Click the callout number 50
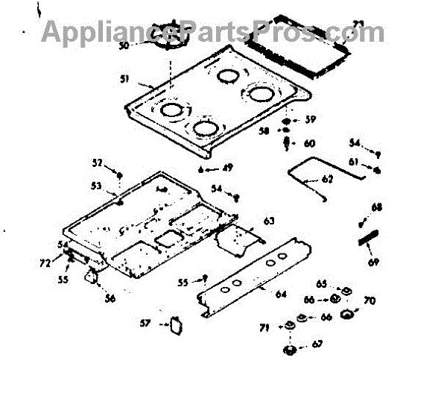[x=124, y=45]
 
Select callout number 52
[x=97, y=163]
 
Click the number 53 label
[x=97, y=186]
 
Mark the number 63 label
[x=269, y=221]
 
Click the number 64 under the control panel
[x=281, y=294]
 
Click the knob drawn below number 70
[x=347, y=315]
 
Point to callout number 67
[x=317, y=344]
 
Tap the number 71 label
[x=264, y=328]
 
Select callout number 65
[x=321, y=283]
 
